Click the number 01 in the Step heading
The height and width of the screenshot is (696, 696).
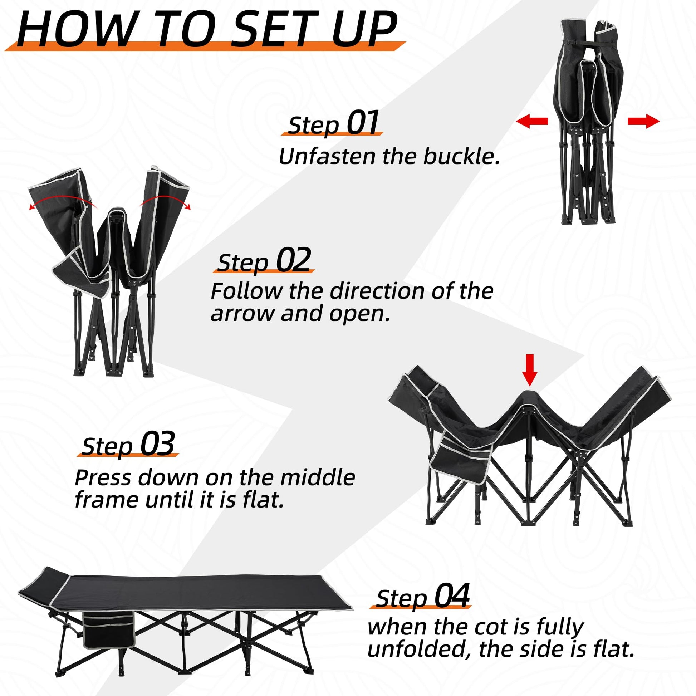(363, 122)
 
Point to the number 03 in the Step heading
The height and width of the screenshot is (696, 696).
(157, 443)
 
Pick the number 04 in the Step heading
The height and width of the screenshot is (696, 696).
(452, 595)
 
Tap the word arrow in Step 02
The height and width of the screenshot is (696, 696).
(242, 314)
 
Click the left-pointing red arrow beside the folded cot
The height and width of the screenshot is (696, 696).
(532, 121)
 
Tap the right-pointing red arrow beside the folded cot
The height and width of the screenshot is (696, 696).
(644, 121)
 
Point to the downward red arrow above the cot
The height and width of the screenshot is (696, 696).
(529, 375)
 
